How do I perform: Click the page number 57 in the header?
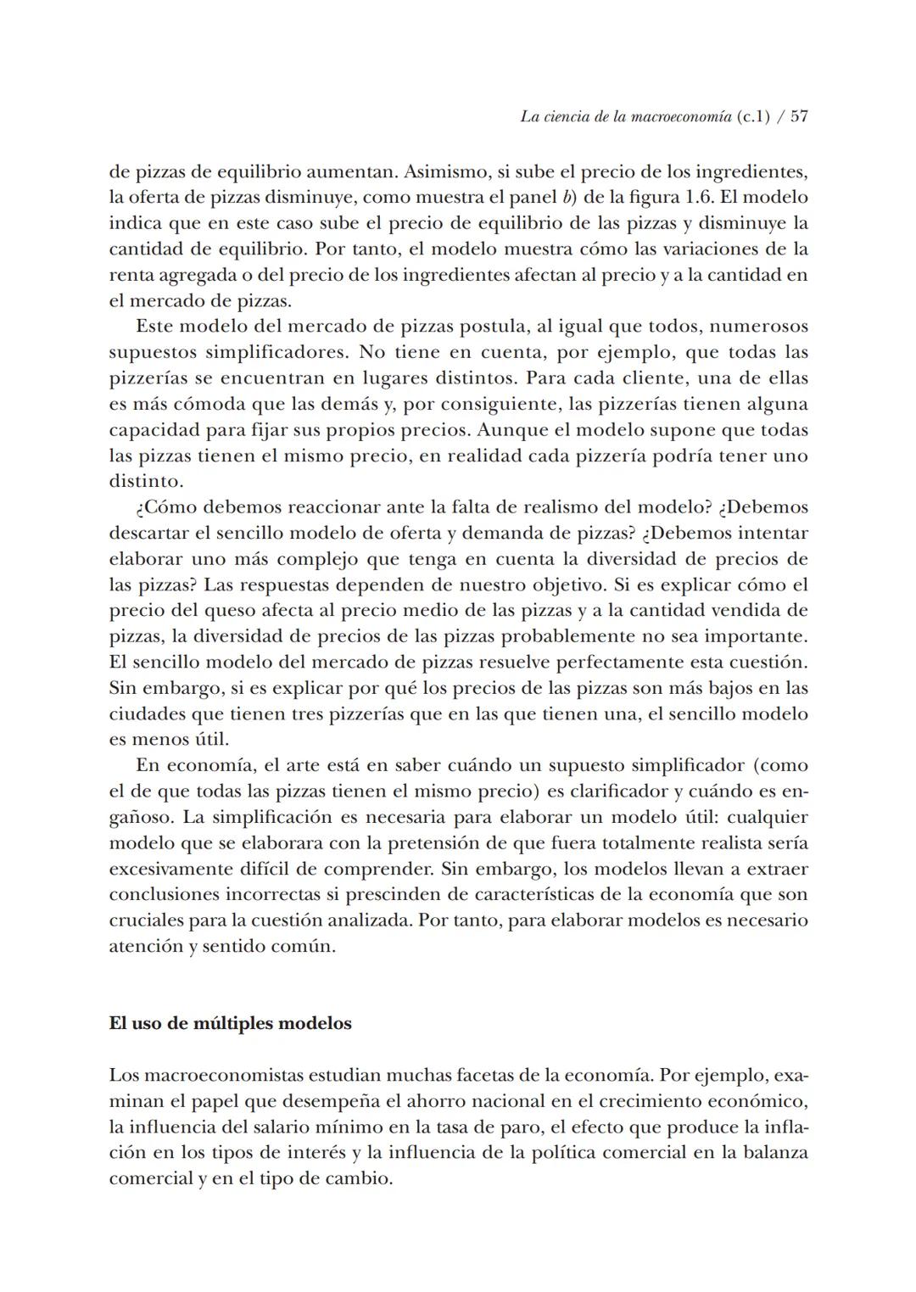tap(799, 118)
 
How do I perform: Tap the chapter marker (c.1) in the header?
tap(753, 118)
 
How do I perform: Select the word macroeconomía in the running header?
tap(682, 118)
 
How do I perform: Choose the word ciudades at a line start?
tap(147, 714)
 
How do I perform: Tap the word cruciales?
tap(148, 920)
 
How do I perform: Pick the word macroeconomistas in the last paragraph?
tap(223, 1076)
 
